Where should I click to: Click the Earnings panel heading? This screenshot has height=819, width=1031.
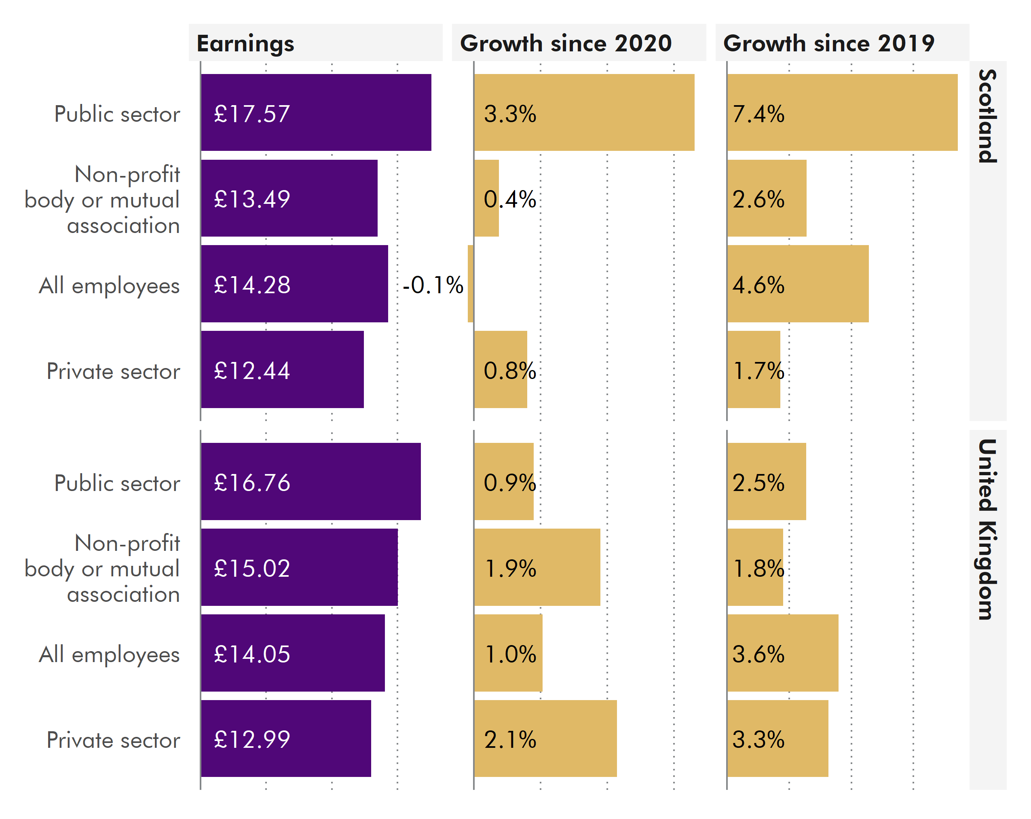tap(245, 44)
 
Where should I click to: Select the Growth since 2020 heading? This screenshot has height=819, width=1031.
tap(566, 44)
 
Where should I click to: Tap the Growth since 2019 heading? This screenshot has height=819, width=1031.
tap(829, 44)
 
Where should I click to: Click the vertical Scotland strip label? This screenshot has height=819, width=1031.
tap(987, 116)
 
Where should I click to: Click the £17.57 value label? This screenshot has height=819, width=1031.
tap(252, 114)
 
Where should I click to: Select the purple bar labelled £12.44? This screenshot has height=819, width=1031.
tap(282, 369)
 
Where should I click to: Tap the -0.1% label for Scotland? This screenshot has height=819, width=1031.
tap(433, 285)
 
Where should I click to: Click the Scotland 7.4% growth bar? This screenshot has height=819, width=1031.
tap(842, 112)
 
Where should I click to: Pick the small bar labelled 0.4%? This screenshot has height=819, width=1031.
tap(486, 198)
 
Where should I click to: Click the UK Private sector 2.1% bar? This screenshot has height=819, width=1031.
tap(545, 738)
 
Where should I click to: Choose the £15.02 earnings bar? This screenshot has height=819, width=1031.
tap(299, 567)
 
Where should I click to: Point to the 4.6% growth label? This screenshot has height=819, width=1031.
tap(758, 285)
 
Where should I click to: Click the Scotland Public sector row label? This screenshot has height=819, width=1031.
tap(117, 114)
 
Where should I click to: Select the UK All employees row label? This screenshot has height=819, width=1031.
tap(109, 654)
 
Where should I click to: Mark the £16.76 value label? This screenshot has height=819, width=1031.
tap(252, 482)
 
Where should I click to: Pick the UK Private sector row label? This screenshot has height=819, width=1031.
tap(113, 740)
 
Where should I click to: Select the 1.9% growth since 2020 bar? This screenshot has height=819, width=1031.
tap(537, 567)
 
